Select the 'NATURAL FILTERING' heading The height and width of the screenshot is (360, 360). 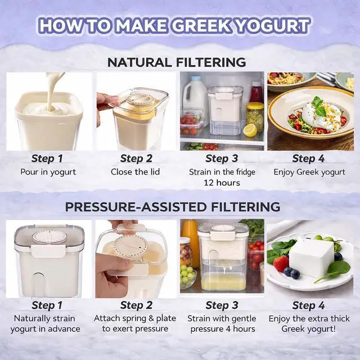[x=177, y=62]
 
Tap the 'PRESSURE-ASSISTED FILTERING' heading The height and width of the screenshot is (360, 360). [x=172, y=206]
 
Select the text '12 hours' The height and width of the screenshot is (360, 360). [x=222, y=183]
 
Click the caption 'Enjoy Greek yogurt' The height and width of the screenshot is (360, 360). [x=309, y=172]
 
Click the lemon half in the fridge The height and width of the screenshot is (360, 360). [x=250, y=130]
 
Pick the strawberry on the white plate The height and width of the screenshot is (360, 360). [x=282, y=263]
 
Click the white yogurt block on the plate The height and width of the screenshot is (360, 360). [x=311, y=258]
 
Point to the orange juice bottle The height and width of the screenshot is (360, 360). [x=191, y=242]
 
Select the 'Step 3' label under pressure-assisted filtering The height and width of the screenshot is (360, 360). [x=221, y=305]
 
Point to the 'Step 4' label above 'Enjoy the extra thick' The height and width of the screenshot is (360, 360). [x=308, y=305]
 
